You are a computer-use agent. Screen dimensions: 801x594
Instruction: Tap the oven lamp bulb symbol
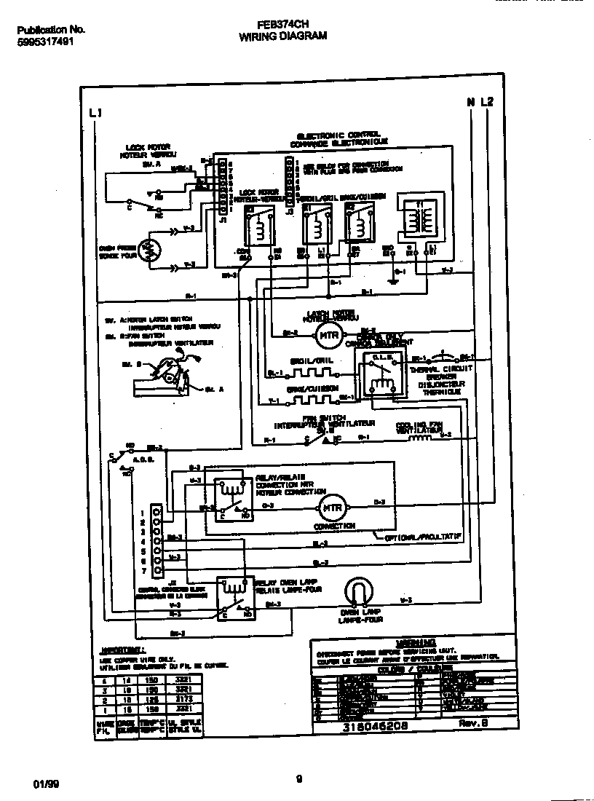tap(359, 592)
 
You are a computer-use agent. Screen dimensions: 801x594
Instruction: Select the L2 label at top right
tap(486, 102)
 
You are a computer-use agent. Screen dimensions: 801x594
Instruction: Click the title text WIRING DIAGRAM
tap(282, 34)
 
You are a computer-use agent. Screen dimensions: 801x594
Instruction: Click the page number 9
tap(298, 779)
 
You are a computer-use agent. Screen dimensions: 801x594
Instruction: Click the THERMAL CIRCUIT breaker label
tap(441, 369)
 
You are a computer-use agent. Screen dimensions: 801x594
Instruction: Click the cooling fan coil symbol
tap(420, 438)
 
